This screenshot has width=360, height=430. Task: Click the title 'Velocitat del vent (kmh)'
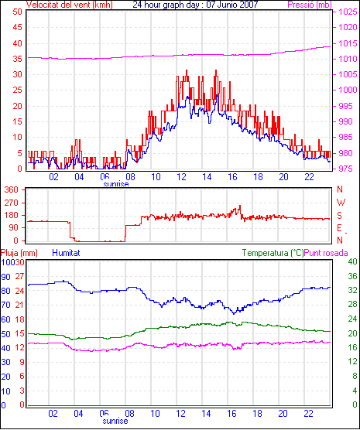[70, 5]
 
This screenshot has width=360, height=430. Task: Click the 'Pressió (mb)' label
[310, 5]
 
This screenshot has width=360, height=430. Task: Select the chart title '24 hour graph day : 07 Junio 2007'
[196, 5]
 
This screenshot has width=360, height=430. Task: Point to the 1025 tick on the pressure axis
[348, 12]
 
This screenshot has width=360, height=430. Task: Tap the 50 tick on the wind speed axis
[18, 12]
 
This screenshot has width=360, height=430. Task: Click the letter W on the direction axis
[341, 203]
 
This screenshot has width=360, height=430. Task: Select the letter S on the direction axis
[340, 216]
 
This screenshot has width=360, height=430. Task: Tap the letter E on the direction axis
[340, 228]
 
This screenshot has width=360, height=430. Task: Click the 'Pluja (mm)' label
[19, 253]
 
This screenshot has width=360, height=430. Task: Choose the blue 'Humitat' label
[66, 253]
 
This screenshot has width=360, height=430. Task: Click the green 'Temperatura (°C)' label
[273, 253]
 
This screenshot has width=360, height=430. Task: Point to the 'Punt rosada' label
[326, 253]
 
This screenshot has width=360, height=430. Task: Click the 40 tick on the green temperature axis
[352, 262]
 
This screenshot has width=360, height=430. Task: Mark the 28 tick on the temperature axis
[352, 305]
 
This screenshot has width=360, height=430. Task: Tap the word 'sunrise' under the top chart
[116, 184]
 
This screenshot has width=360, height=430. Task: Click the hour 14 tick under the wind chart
[207, 177]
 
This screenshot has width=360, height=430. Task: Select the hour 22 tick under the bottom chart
[309, 413]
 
